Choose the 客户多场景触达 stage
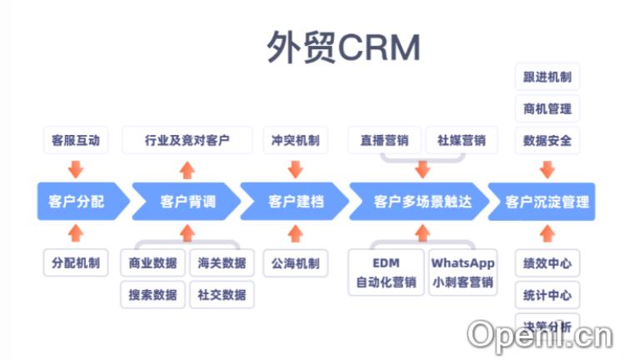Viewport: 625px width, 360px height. (422, 202)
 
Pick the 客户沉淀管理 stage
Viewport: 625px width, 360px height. (546, 202)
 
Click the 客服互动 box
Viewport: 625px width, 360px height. (75, 140)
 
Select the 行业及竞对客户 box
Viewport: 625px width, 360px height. (187, 140)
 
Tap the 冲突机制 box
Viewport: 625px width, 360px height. (295, 140)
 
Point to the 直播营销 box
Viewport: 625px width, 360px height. (384, 140)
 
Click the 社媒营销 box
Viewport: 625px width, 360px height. (462, 140)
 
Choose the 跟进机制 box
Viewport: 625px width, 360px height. (547, 77)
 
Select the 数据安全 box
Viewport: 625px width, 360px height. (547, 140)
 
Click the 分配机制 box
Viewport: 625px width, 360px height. (75, 263)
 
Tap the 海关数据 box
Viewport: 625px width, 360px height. (222, 263)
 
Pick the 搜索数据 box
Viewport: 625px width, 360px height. (152, 294)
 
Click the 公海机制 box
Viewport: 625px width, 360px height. (295, 263)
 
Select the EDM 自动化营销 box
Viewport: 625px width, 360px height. (385, 272)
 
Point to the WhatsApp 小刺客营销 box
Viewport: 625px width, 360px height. (462, 272)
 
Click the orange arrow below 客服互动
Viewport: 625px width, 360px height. (76, 169)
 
